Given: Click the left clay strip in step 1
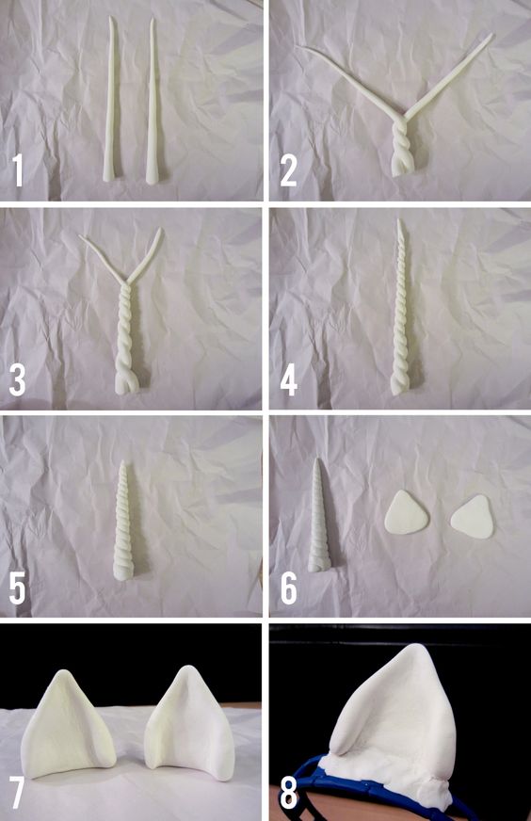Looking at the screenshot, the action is click(x=111, y=100).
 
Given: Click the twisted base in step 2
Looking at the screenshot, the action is click(x=401, y=148).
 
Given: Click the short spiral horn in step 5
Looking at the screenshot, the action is click(x=125, y=521).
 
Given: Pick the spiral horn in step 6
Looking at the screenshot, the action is click(x=318, y=516).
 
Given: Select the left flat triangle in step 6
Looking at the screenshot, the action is click(x=406, y=513).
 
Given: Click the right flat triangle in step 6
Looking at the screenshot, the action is click(x=473, y=517).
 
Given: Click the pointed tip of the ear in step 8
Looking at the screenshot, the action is click(x=420, y=646).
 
